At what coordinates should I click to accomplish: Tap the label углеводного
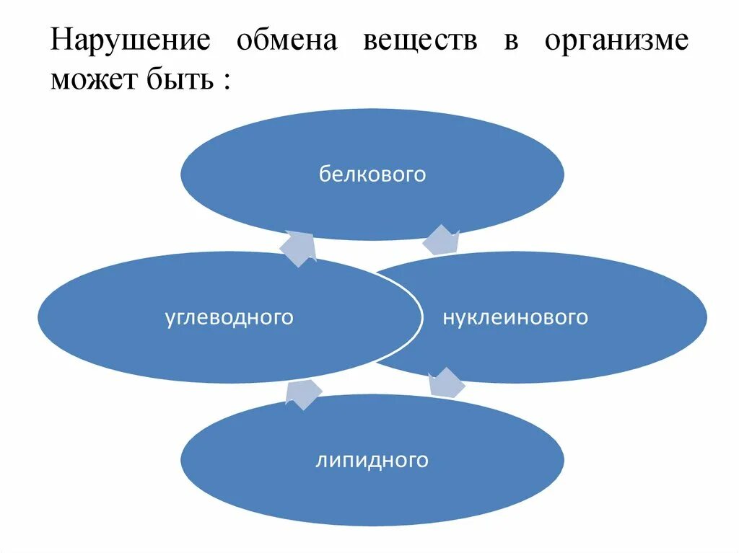click(x=229, y=317)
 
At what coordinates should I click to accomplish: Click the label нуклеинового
click(x=515, y=317)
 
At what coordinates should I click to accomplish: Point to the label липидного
click(x=372, y=460)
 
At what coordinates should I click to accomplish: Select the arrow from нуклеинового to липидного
click(x=446, y=383)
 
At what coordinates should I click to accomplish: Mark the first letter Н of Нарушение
click(x=60, y=40)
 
